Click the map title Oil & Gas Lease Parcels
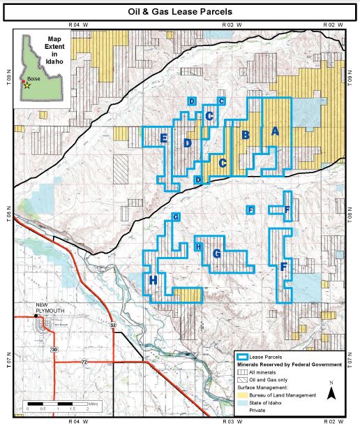(180, 12)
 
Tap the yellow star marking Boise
(28, 86)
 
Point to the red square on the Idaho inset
(23, 82)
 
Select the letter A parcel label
(274, 131)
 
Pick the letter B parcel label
(245, 135)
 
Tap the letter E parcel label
(163, 138)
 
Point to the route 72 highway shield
(84, 362)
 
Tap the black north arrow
(333, 394)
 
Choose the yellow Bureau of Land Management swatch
(245, 395)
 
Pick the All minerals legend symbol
(245, 372)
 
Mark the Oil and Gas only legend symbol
(245, 379)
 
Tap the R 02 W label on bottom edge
(333, 422)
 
